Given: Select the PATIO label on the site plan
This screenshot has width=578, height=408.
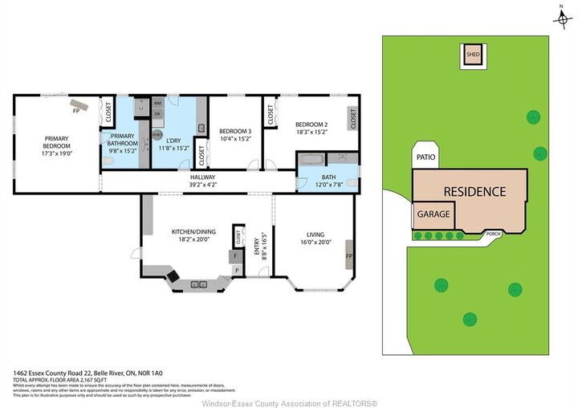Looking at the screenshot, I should pyautogui.click(x=425, y=157).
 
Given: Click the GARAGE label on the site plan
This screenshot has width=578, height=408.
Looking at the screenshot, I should pyautogui.click(x=433, y=215).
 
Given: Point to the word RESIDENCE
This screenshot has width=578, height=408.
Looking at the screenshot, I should pyautogui.click(x=474, y=192).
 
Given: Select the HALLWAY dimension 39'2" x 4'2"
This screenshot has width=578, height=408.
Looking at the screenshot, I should pyautogui.click(x=203, y=185).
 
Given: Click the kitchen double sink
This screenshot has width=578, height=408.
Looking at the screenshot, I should pyautogui.click(x=198, y=284).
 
